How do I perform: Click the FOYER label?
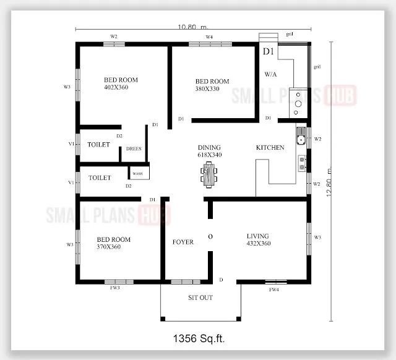(x=183, y=242)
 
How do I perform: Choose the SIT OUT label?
(x=200, y=298)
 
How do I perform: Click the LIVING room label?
(x=259, y=235)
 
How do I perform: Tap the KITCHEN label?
(x=270, y=148)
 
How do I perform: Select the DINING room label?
(x=209, y=147)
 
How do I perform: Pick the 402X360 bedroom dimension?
(x=116, y=88)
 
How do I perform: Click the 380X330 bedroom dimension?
(x=207, y=89)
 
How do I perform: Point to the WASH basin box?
(x=137, y=174)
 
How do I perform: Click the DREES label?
(x=134, y=148)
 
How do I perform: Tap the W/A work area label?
(x=270, y=74)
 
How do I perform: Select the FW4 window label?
(x=273, y=289)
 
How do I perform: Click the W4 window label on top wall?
(x=209, y=37)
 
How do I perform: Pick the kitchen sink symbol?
(x=300, y=135)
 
